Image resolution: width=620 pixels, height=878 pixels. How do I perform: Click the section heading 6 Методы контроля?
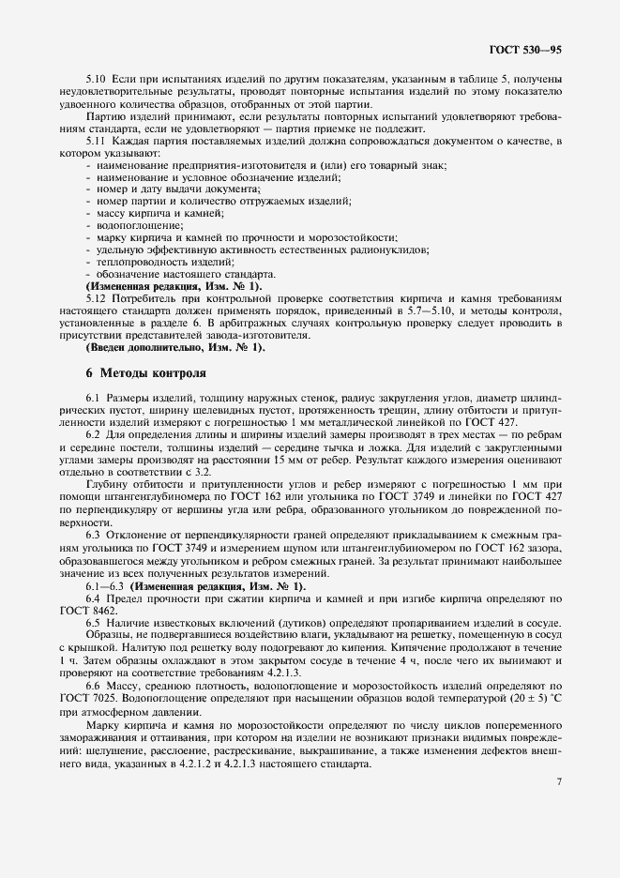pyautogui.click(x=145, y=372)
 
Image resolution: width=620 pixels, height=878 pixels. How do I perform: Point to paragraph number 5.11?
pyautogui.click(x=94, y=140)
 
